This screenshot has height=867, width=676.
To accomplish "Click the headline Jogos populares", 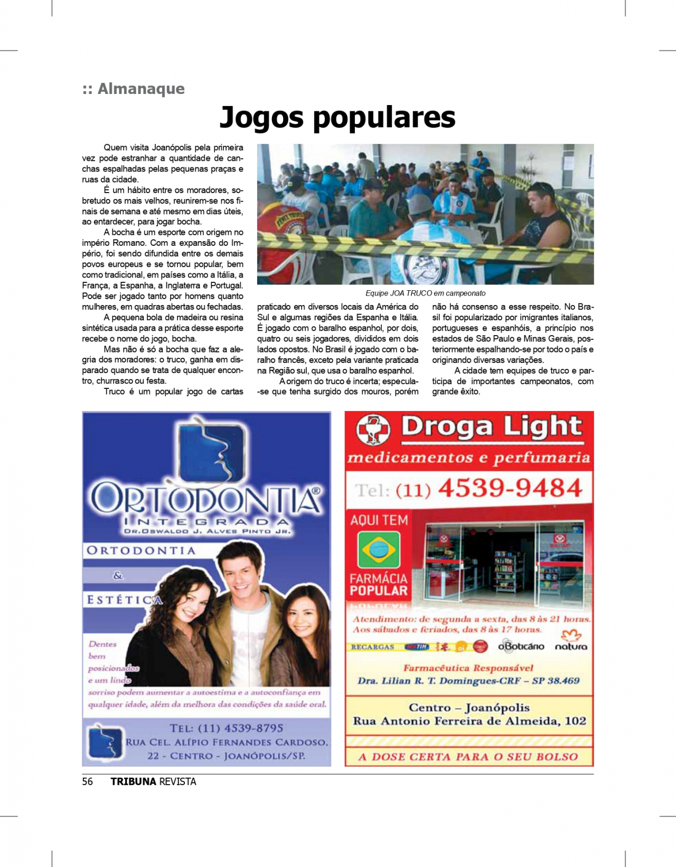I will point(337,117).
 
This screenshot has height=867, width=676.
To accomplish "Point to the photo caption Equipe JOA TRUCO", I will point(425,293).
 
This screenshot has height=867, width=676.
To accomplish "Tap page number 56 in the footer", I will point(88,782).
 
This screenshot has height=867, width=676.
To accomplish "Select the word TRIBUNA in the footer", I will point(133,782).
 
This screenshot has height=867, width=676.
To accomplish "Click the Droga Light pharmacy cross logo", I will point(373,430).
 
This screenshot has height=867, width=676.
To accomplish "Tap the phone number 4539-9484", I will point(510,488).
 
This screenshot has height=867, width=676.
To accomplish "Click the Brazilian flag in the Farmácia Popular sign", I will point(378,550).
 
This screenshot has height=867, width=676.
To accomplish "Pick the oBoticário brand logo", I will point(521,646).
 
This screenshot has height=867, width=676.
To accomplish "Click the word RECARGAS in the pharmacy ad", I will point(372,647).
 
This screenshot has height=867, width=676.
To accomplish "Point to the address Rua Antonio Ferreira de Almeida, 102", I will point(469,721).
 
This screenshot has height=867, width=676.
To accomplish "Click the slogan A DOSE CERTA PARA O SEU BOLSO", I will point(468,757).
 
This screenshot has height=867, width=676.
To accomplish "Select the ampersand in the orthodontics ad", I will point(118,576).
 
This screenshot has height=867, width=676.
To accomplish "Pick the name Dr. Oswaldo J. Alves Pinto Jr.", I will point(208,531).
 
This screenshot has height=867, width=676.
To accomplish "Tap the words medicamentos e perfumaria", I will point(468,458).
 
